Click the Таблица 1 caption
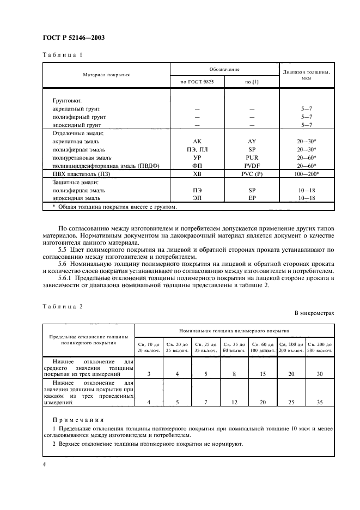click(x=62, y=56)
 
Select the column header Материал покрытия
click(x=106, y=75)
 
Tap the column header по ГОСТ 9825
click(x=197, y=81)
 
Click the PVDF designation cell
click(x=252, y=166)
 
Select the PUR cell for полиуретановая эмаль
click(x=252, y=157)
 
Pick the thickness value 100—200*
click(x=306, y=174)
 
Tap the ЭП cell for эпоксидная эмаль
click(x=197, y=199)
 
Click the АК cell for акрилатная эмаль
click(x=197, y=141)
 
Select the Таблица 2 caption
click(x=62, y=306)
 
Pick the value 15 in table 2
click(x=263, y=374)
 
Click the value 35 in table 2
click(x=320, y=403)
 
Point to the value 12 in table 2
click(x=234, y=403)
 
